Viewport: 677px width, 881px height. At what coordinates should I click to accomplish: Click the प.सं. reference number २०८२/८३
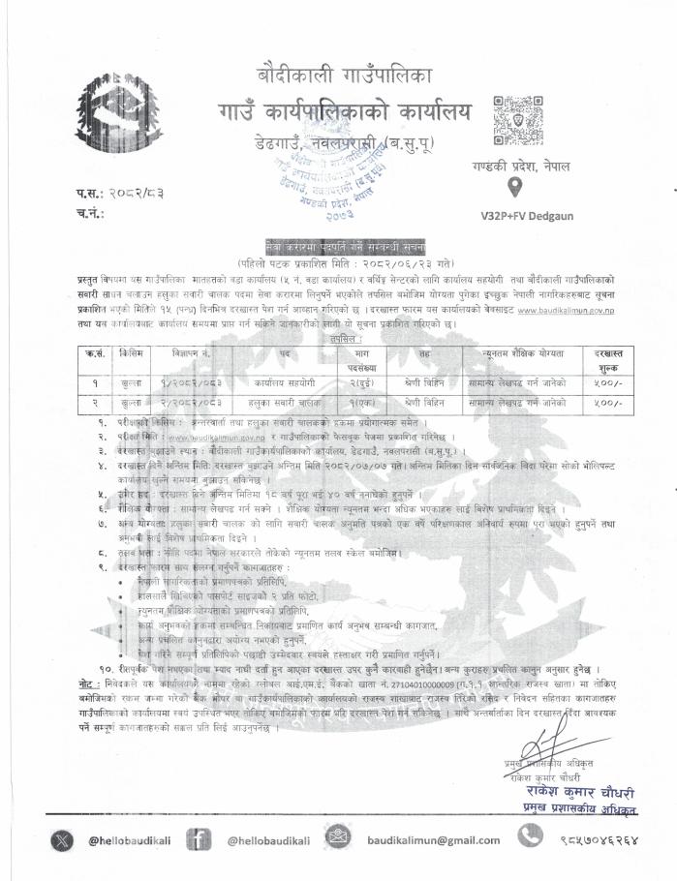(138, 195)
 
